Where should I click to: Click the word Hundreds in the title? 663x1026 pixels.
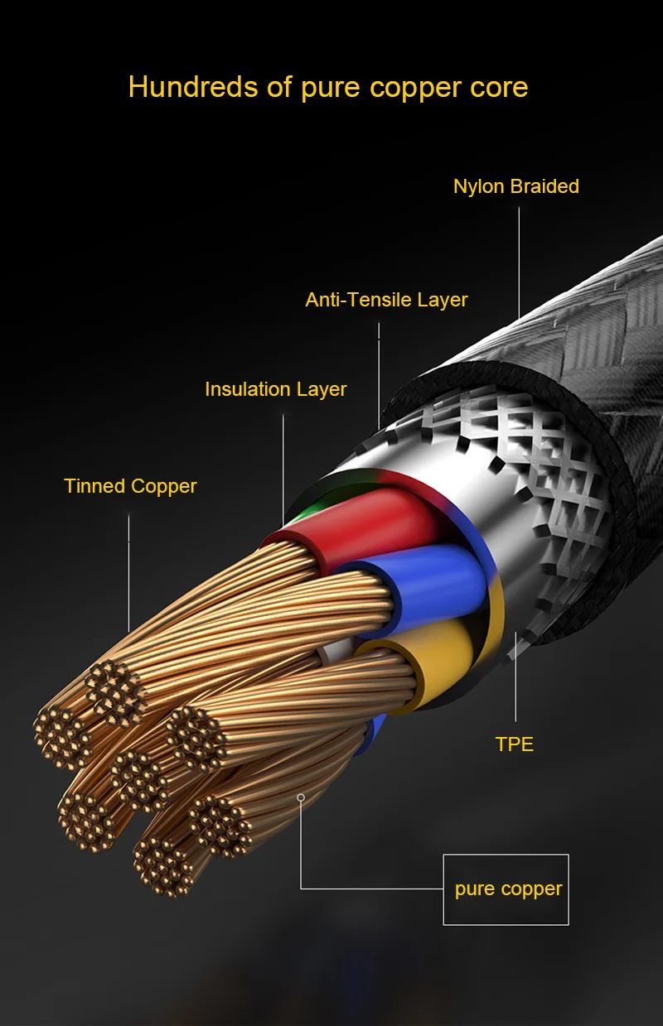click(x=193, y=87)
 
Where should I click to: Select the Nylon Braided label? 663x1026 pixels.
click(x=515, y=186)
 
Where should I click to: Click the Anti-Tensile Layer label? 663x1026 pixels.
click(x=386, y=300)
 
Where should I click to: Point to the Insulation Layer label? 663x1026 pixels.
click(x=276, y=389)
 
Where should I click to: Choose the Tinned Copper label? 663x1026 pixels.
click(x=130, y=486)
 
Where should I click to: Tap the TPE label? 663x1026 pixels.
click(x=515, y=744)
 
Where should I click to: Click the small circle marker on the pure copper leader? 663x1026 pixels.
click(x=301, y=797)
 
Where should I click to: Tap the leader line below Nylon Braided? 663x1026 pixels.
click(x=519, y=262)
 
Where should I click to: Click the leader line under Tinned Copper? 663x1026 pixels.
click(x=128, y=573)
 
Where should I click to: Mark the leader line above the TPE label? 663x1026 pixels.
click(x=515, y=677)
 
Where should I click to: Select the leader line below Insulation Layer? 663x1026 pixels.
click(x=283, y=470)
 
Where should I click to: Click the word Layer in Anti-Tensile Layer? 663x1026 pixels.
click(x=443, y=301)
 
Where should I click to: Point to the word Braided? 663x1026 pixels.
click(x=544, y=186)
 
